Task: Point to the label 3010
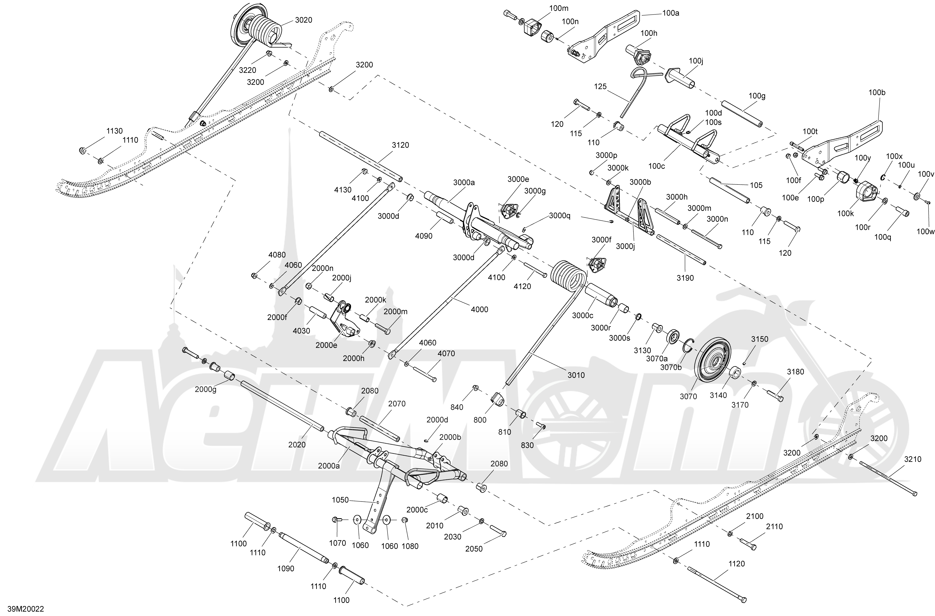point(576,375)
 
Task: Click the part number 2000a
point(329,466)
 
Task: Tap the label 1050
point(340,500)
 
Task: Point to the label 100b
point(877,93)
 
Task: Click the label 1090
point(286,569)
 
